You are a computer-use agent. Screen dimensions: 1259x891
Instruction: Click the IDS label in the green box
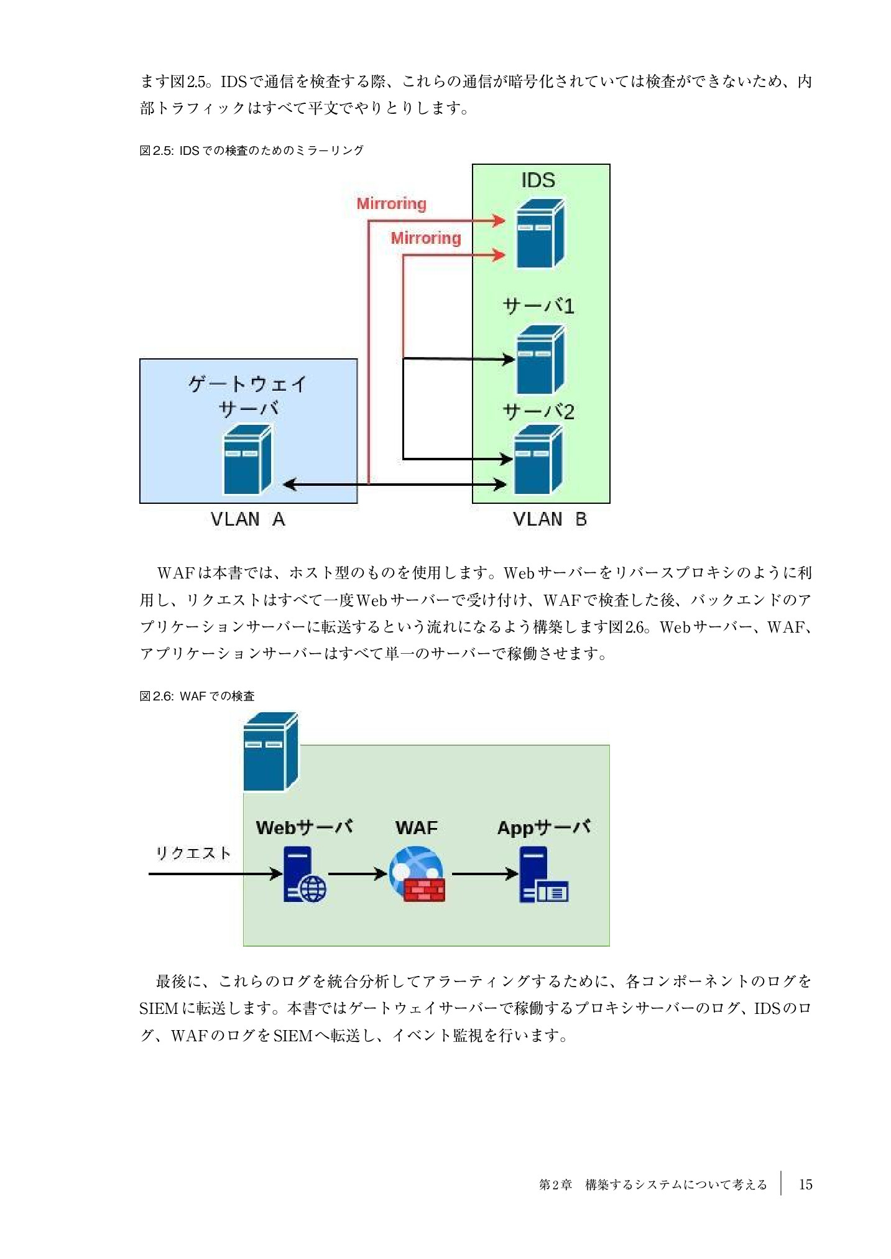pos(538,180)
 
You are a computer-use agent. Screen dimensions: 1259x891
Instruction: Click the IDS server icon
pos(540,233)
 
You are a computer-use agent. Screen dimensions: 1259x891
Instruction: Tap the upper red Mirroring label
pos(391,204)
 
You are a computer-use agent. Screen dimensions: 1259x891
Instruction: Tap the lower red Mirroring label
pos(426,238)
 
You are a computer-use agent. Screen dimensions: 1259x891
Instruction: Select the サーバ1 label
pos(538,306)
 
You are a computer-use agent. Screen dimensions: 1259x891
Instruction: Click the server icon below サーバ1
pos(540,360)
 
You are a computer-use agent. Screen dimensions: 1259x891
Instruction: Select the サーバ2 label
pos(538,412)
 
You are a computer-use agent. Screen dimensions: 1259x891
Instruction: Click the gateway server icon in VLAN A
pos(247,459)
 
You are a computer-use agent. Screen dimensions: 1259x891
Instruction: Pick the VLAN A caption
pos(247,519)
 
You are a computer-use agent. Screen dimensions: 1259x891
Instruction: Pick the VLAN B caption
pos(550,519)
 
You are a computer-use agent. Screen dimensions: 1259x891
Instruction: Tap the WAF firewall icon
pos(417,874)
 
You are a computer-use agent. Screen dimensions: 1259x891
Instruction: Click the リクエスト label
pos(193,853)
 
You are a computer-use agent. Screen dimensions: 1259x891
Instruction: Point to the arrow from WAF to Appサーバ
pos(484,874)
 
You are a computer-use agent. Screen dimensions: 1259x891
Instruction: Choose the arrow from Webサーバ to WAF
pos(357,874)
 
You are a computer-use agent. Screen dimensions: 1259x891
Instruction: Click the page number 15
pos(805,1184)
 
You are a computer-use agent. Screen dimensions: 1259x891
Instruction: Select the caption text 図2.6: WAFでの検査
pos(197,696)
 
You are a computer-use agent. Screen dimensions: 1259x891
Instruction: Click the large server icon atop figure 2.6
pos(270,751)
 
